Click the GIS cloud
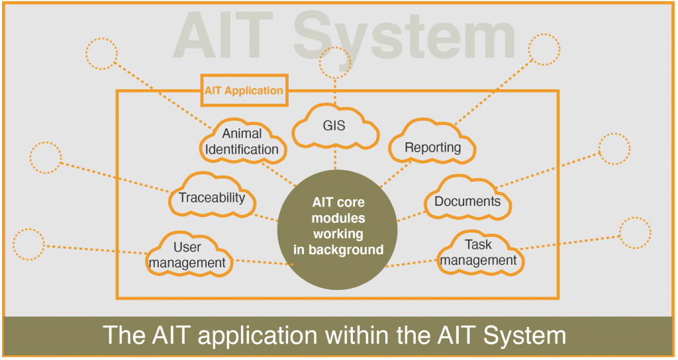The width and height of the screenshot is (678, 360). click(335, 126)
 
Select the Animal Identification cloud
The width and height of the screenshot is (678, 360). click(242, 142)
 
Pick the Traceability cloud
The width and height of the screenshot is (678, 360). click(212, 195)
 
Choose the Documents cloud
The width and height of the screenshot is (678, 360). click(467, 198)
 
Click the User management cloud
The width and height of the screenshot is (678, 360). click(189, 254)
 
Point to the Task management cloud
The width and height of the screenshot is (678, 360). click(480, 253)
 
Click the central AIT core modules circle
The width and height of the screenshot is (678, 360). click(337, 230)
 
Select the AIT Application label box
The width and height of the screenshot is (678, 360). click(244, 90)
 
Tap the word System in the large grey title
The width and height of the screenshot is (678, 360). click(405, 37)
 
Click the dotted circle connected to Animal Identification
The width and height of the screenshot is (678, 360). click(101, 54)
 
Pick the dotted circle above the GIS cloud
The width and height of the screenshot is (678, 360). click(335, 63)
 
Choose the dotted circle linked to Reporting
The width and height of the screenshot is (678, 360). click(544, 49)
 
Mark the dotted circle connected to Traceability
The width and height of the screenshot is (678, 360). click(46, 157)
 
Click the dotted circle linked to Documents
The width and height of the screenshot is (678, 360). click(614, 149)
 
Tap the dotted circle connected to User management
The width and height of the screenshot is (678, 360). click(28, 244)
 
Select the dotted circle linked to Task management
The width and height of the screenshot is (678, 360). click(635, 232)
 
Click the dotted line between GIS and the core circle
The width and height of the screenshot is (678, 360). click(335, 159)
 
